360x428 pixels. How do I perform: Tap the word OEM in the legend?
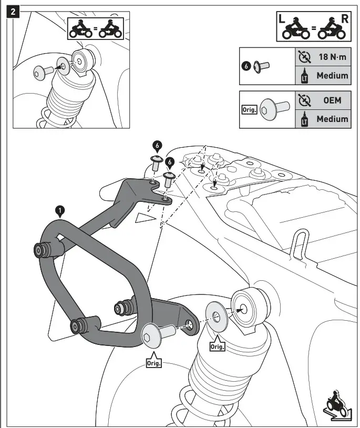coord(332,100)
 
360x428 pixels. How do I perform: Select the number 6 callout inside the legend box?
coord(246,67)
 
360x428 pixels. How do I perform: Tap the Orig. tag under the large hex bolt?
coord(153,363)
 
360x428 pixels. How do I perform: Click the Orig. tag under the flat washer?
coord(217,347)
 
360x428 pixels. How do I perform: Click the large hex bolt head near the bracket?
coord(151,335)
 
